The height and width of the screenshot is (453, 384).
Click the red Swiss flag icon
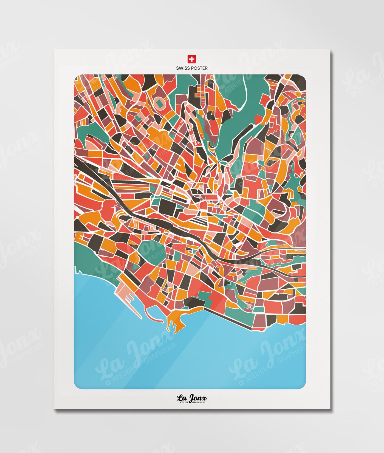(192, 59)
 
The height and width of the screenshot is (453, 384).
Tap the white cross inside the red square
(192, 59)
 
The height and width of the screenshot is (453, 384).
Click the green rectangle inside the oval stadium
(159, 103)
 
